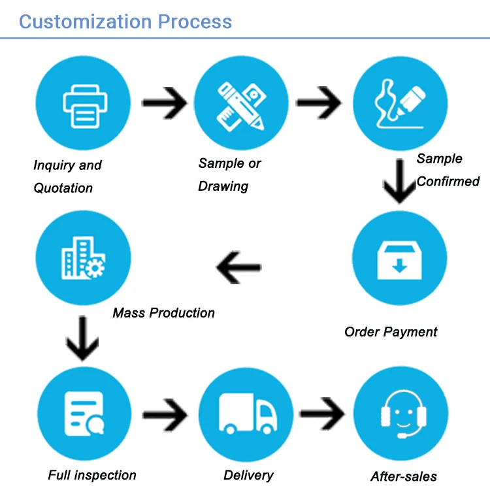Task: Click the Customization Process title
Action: point(125,21)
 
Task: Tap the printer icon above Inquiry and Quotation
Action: point(83,105)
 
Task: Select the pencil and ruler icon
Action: point(240,104)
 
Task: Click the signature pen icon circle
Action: point(400,104)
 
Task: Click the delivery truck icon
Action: point(246,414)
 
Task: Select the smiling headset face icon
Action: point(400,414)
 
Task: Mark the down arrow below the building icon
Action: point(83,338)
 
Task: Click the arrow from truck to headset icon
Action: point(322,414)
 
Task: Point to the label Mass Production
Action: point(163,313)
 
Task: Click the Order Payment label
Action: point(391,332)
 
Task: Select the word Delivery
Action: point(248,475)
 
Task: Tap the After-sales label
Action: point(404,476)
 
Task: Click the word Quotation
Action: point(63,188)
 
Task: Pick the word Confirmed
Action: point(448,181)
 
